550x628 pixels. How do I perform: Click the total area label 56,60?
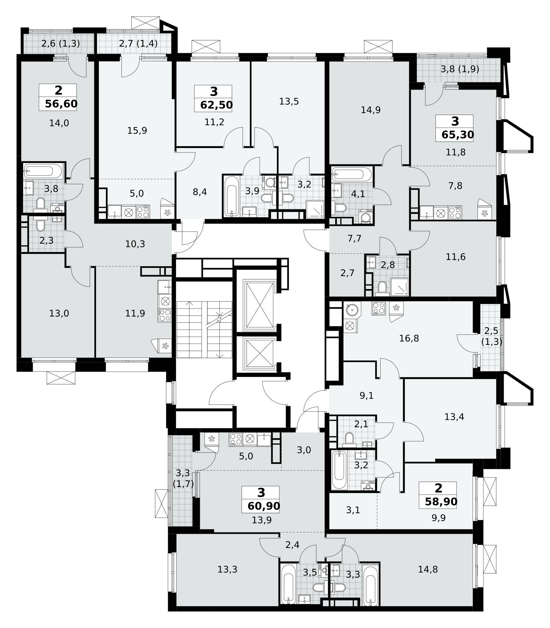[61, 104]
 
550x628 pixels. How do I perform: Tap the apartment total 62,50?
[216, 105]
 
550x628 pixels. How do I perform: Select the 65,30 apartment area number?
[458, 135]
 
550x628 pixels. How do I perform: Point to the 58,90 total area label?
[441, 501]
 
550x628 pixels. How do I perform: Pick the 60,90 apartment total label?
[264, 506]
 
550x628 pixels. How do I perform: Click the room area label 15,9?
[137, 131]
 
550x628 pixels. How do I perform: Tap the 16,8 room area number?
[409, 338]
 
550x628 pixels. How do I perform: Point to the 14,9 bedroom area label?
[371, 110]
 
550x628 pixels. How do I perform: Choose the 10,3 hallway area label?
[135, 244]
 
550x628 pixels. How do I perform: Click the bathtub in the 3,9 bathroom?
[231, 196]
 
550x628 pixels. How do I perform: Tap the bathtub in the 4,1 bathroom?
[352, 174]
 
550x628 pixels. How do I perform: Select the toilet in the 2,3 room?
[40, 225]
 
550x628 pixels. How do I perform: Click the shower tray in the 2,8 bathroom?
[399, 287]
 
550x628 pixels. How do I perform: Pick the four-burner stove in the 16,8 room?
[379, 308]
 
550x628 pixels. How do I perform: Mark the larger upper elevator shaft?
[259, 305]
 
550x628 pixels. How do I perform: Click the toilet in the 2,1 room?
[349, 438]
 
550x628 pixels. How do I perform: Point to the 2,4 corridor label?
[292, 544]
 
